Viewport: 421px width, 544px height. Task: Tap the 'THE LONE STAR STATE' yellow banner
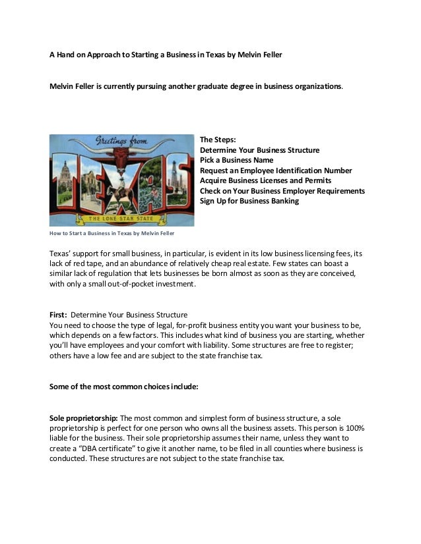click(123, 218)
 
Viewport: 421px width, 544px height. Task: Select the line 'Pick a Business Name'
click(236, 160)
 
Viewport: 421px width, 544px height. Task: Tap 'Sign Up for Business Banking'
click(249, 201)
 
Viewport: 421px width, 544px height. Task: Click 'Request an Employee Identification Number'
click(276, 171)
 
